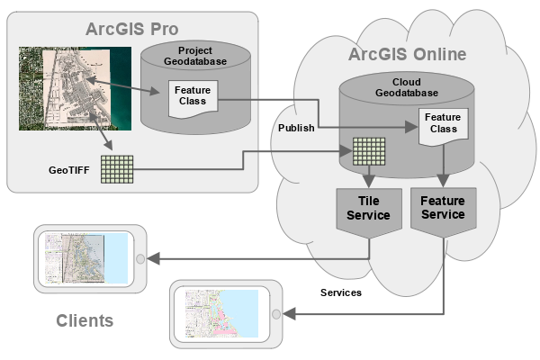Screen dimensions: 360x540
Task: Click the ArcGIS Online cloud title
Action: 407,54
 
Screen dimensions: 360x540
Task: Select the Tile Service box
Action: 368,208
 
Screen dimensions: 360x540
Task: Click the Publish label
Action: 296,128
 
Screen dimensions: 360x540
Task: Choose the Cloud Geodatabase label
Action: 407,88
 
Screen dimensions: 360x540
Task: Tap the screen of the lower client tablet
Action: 221,313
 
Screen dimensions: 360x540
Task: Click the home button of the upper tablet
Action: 139,259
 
